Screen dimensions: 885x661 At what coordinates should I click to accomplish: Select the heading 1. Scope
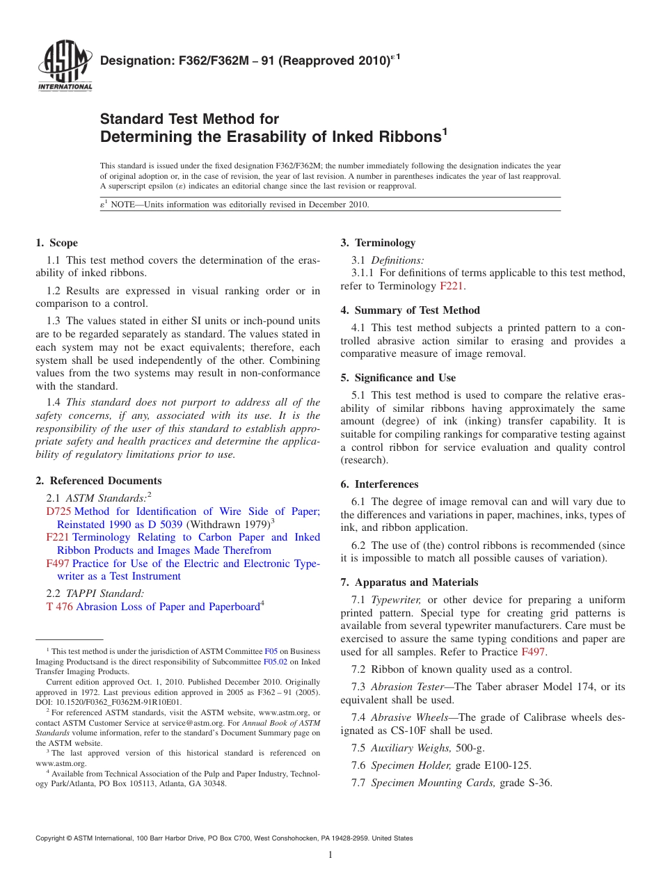[x=56, y=243]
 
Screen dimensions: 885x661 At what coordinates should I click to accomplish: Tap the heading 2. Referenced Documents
[x=98, y=481]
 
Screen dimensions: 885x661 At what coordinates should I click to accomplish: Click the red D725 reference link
[x=58, y=511]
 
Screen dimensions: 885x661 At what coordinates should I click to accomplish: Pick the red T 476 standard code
[x=59, y=607]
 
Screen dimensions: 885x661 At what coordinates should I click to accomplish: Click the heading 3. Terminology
[x=378, y=243]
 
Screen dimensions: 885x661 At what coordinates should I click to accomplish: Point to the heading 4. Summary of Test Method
[x=410, y=310]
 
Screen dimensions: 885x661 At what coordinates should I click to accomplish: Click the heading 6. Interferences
[x=379, y=484]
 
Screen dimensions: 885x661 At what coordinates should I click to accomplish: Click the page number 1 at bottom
[x=330, y=854]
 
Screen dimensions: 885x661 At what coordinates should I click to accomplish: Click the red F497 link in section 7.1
[x=533, y=652]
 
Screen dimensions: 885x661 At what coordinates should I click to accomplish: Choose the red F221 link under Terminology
[x=451, y=286]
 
